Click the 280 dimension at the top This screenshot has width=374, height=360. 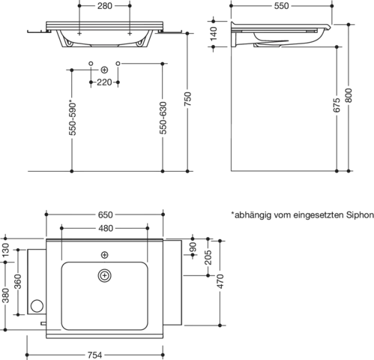tap(105, 6)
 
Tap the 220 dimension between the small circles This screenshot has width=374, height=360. tap(104, 82)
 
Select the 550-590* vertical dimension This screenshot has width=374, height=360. tap(73, 118)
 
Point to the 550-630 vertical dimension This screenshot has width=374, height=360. tap(163, 118)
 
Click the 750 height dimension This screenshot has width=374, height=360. tap(188, 99)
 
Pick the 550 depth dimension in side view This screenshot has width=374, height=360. tap(281, 6)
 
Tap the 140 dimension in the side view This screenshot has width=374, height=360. tap(214, 34)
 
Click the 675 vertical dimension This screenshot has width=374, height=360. tap(337, 105)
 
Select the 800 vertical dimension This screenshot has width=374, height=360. tap(349, 95)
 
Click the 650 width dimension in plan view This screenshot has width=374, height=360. tap(105, 214)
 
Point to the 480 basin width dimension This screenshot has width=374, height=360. tap(106, 228)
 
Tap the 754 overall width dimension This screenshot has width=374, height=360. tap(94, 355)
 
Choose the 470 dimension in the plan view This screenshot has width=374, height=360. tap(220, 281)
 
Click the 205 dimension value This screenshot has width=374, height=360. tap(208, 257)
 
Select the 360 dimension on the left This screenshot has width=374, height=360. tap(18, 281)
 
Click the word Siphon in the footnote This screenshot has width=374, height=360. tap(360, 215)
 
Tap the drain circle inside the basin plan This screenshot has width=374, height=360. tap(104, 275)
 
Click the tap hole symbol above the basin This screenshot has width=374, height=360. tap(104, 255)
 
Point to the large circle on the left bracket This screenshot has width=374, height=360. tap(37, 305)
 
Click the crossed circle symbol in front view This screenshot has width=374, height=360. tap(104, 70)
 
